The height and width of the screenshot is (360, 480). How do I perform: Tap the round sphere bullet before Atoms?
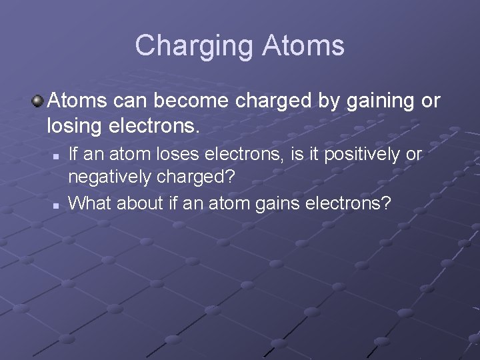(x=39, y=101)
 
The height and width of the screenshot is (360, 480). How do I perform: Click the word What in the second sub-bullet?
(x=91, y=203)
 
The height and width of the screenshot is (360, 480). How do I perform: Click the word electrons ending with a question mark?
(x=348, y=203)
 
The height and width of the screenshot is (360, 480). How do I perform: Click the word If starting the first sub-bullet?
(x=75, y=154)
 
